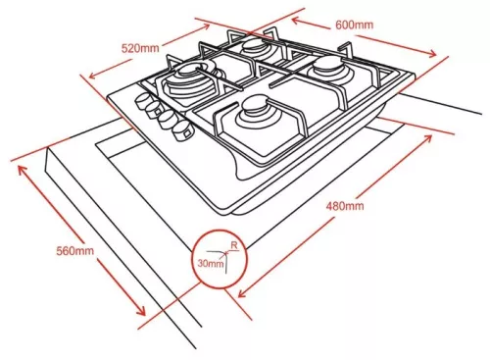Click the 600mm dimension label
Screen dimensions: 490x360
click(354, 25)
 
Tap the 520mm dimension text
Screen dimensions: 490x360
click(140, 48)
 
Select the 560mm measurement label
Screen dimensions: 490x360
click(75, 251)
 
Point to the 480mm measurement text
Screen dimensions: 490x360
click(345, 206)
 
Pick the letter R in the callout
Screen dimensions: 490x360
click(234, 245)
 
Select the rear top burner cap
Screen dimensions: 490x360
click(255, 46)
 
